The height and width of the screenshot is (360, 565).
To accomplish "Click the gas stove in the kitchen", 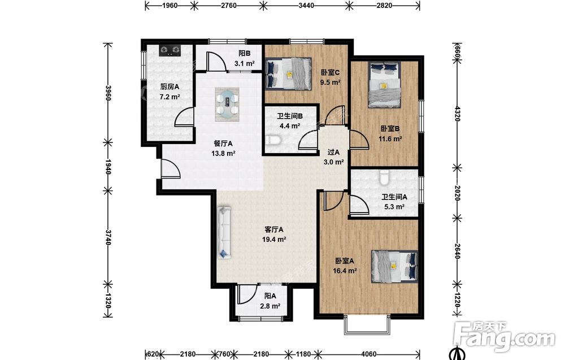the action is [170, 50].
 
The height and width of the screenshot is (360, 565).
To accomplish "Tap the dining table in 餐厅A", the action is [227, 105].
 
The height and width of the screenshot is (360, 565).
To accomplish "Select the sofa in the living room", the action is [224, 232].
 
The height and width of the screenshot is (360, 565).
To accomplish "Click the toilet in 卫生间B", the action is [273, 140].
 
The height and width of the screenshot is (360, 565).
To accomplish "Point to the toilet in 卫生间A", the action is [384, 177].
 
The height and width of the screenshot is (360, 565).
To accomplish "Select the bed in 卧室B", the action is [384, 85].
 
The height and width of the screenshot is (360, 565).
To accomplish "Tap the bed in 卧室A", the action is [394, 266].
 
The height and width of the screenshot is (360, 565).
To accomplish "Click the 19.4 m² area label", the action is [274, 239].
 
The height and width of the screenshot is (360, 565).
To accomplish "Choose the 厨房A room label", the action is [169, 86].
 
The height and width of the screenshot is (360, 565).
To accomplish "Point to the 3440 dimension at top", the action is [307, 6].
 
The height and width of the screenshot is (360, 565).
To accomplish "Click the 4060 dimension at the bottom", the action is [368, 354].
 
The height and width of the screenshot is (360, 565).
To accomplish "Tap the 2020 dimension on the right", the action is [457, 193].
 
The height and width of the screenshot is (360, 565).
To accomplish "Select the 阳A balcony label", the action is [270, 296].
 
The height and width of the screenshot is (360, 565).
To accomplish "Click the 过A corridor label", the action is [333, 152].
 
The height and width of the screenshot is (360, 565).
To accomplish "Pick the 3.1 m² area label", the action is [245, 63].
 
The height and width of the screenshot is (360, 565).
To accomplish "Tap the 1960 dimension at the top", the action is [169, 6].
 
